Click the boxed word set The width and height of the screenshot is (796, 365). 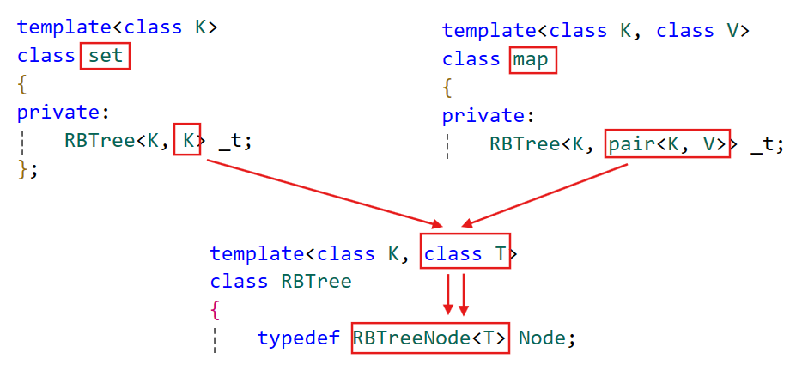(x=106, y=57)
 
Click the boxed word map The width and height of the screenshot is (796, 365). (x=533, y=60)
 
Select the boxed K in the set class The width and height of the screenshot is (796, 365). (x=187, y=140)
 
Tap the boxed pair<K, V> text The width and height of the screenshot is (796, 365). (x=667, y=144)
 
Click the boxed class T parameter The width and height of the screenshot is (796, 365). (x=465, y=254)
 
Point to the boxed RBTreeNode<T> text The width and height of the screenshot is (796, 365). (x=429, y=338)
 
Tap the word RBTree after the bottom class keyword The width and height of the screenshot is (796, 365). (x=316, y=282)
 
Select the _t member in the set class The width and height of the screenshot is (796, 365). (x=234, y=141)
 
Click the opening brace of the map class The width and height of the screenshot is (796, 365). (x=447, y=88)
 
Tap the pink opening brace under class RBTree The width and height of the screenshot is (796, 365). (x=215, y=309)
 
